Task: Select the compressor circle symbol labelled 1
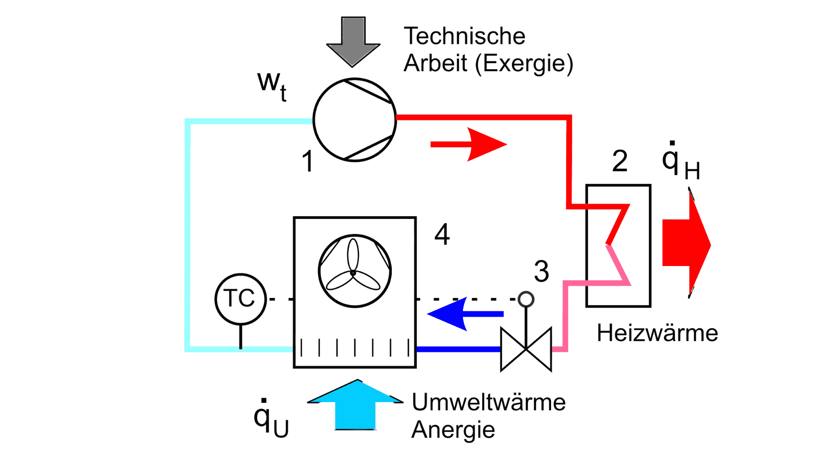(354, 120)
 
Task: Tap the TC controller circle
(240, 299)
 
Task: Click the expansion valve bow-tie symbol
(526, 349)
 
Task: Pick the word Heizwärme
(657, 333)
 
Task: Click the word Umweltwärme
(489, 402)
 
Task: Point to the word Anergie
(453, 430)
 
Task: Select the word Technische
(464, 36)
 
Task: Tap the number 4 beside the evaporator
(442, 235)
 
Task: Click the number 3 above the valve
(541, 271)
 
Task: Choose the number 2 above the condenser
(619, 161)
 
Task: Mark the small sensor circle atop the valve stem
(526, 299)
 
